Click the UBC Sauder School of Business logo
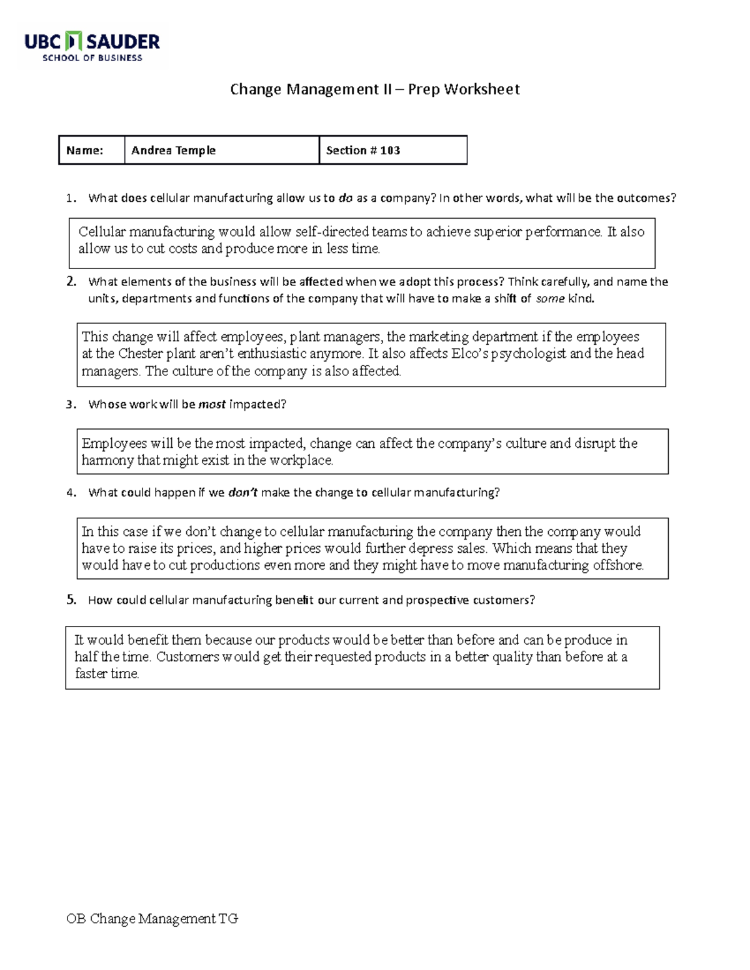(92, 46)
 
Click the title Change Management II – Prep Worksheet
(374, 89)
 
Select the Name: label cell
(85, 151)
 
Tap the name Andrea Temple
(173, 151)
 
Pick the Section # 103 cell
(363, 151)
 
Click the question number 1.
(70, 199)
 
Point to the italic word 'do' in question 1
(345, 199)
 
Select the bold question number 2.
(71, 282)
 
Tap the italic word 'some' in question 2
(550, 299)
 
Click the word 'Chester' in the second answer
(140, 354)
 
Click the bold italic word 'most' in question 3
(212, 405)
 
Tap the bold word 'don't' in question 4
(242, 493)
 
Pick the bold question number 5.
(71, 600)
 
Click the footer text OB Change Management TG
(152, 919)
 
